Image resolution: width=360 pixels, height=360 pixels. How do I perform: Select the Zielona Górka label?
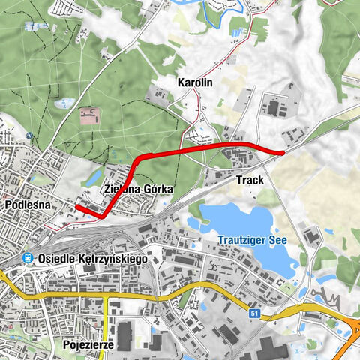139,190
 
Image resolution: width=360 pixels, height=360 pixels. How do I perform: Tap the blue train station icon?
27,258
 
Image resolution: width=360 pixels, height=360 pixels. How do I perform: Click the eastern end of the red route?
282,153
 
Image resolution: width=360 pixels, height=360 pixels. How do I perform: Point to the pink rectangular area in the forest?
89,115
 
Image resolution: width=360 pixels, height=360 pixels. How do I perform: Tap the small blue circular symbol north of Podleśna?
27,136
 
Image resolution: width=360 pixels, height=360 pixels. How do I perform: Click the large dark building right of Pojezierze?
124,335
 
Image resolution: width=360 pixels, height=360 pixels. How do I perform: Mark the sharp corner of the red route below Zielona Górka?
100,216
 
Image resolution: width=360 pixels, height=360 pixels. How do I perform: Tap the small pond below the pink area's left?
65,103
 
